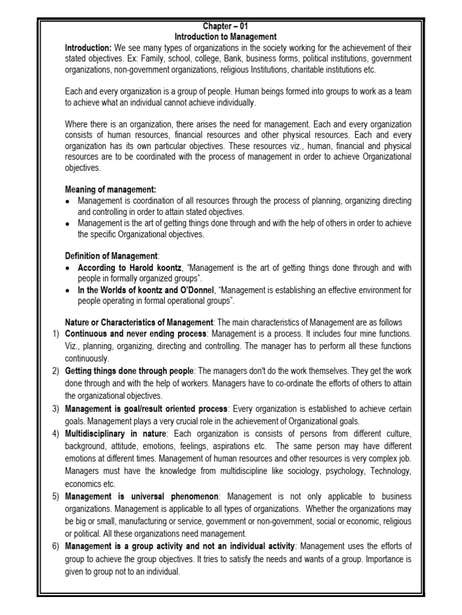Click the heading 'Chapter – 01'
tap(230, 26)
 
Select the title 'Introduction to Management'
tap(230, 37)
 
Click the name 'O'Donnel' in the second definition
tap(184, 290)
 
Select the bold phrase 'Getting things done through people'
tap(130, 371)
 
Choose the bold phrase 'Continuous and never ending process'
tap(135, 333)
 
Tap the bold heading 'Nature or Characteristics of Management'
tap(139, 322)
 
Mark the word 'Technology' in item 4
tap(390, 471)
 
